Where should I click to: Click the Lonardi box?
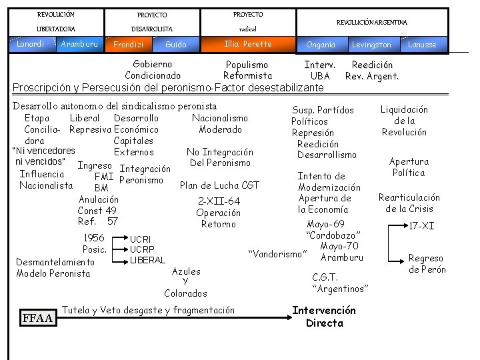[31, 45]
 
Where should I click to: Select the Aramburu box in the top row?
[79, 45]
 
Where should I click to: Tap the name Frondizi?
[129, 45]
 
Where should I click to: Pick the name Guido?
[176, 45]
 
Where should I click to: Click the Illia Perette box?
[248, 44]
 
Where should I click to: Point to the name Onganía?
[321, 45]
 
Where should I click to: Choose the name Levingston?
[371, 45]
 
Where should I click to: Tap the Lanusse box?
[422, 45]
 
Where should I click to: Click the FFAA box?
[39, 317]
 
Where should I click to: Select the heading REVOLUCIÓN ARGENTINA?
[372, 23]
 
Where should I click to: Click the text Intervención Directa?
[324, 317]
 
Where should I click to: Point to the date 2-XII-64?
[219, 201]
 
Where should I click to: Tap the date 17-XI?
[421, 226]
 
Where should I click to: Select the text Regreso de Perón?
[427, 264]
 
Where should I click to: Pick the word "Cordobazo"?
[334, 235]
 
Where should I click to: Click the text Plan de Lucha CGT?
[219, 185]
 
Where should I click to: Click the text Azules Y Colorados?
[185, 282]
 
